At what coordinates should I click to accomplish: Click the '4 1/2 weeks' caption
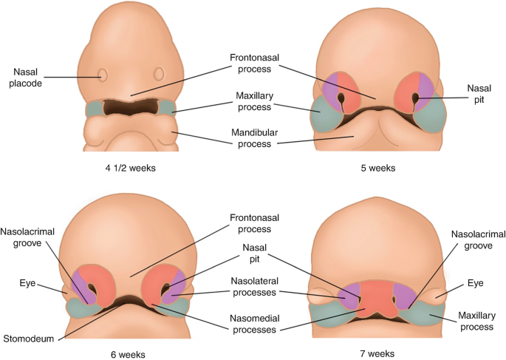(x=130, y=167)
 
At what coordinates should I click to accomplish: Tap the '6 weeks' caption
(x=129, y=352)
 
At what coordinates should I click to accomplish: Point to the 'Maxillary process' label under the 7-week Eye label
(x=476, y=319)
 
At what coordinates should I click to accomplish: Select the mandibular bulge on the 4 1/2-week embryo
(x=130, y=137)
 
